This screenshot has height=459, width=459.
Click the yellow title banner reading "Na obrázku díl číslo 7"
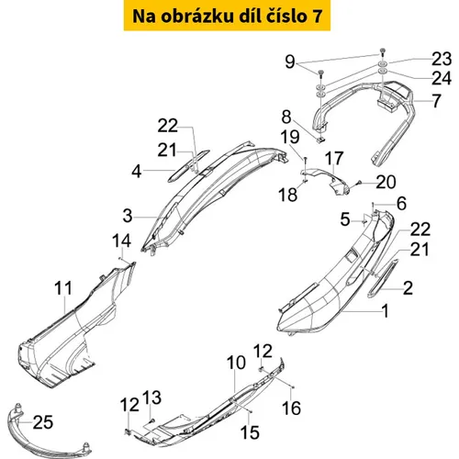click(x=227, y=16)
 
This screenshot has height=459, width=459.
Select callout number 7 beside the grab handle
click(x=437, y=101)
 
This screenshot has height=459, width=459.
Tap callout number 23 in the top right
click(x=442, y=59)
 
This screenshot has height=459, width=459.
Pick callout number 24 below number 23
click(x=442, y=78)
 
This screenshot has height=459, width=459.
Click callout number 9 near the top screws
click(x=289, y=62)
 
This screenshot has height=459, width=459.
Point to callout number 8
click(x=286, y=117)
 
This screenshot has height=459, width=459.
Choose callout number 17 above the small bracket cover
click(x=333, y=158)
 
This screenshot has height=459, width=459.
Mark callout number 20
click(x=386, y=182)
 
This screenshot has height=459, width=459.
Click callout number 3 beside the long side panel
click(x=128, y=216)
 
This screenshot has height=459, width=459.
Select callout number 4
click(x=137, y=172)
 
